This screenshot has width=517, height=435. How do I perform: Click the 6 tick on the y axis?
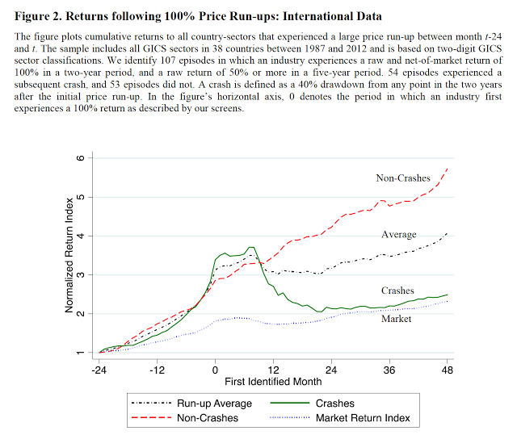[81, 157]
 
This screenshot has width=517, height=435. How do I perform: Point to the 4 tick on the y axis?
[81, 236]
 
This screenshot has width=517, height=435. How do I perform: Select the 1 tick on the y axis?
[81, 353]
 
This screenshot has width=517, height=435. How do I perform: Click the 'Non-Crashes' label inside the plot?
[402, 178]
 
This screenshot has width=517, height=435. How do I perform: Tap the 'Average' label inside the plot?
[398, 234]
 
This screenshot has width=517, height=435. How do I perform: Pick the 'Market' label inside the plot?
[396, 319]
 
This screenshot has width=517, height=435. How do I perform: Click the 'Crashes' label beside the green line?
[397, 291]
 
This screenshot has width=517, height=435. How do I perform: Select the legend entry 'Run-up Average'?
[214, 404]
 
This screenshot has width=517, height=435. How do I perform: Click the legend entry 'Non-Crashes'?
[208, 417]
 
